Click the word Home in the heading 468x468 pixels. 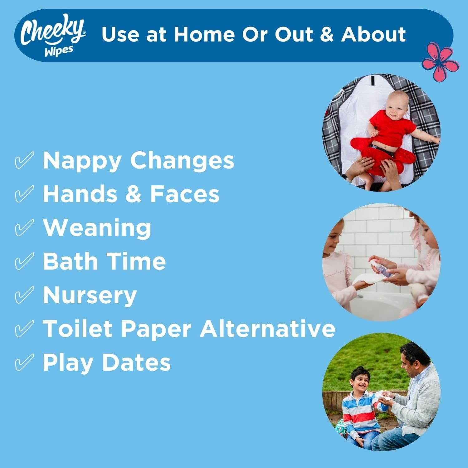tap(204, 34)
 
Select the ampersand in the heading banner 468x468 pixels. tap(327, 34)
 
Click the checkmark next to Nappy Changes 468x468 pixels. tap(24, 160)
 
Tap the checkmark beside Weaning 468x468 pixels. tap(24, 227)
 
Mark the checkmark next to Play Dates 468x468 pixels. tap(24, 362)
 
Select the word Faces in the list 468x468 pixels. tap(185, 194)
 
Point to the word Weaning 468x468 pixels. tap(97, 228)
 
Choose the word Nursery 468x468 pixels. tap(90, 295)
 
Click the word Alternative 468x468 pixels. tap(267, 328)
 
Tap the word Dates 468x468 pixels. tap(136, 362)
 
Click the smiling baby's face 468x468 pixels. tap(395, 108)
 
